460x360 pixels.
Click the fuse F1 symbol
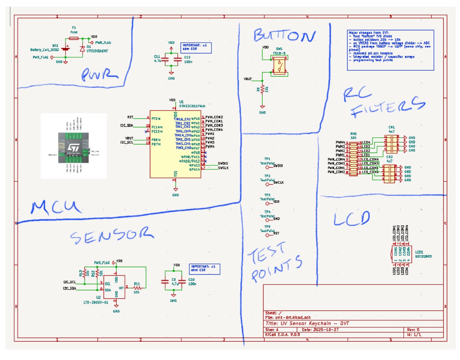[x=74, y=38]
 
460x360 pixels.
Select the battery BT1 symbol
[x=66, y=48]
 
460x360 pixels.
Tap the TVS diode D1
[x=83, y=49]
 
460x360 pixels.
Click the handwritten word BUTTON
[x=284, y=36]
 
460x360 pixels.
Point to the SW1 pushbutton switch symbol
[x=279, y=66]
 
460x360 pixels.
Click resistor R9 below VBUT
[x=262, y=89]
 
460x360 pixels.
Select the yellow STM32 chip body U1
[x=175, y=144]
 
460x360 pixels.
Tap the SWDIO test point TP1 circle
[x=267, y=167]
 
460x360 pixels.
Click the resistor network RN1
[x=353, y=158]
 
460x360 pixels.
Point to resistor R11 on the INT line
[x=137, y=287]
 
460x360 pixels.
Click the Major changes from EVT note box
[x=390, y=50]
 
